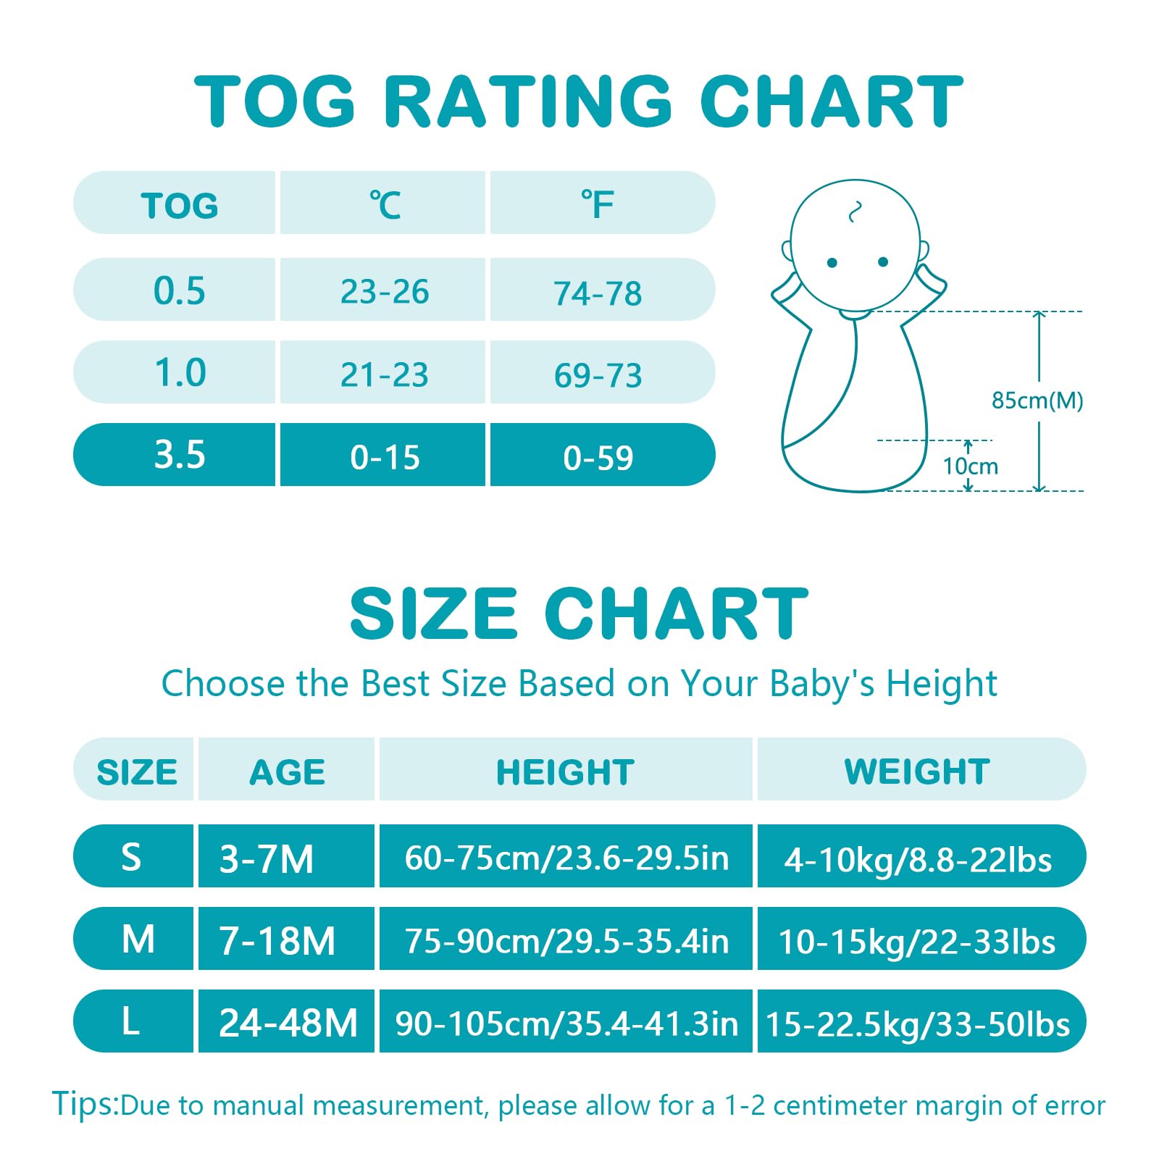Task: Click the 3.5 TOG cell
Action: [x=179, y=455]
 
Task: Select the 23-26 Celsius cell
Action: [x=385, y=291]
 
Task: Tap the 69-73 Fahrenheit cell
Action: [x=598, y=375]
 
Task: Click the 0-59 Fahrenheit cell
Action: [x=598, y=457]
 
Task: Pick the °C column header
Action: [x=385, y=205]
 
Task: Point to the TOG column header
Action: [x=179, y=206]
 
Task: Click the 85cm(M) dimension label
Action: [x=1037, y=400]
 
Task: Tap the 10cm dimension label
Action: [x=970, y=466]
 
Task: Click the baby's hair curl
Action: [x=855, y=212]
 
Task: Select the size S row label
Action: [x=131, y=857]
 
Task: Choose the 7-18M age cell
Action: [x=277, y=940]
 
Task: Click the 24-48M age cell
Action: [x=288, y=1023]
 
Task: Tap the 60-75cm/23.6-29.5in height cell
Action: [x=566, y=858]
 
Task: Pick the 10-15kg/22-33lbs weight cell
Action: [x=916, y=941]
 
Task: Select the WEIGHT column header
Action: [x=917, y=771]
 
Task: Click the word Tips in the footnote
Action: [x=84, y=1104]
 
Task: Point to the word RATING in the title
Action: [x=527, y=101]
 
